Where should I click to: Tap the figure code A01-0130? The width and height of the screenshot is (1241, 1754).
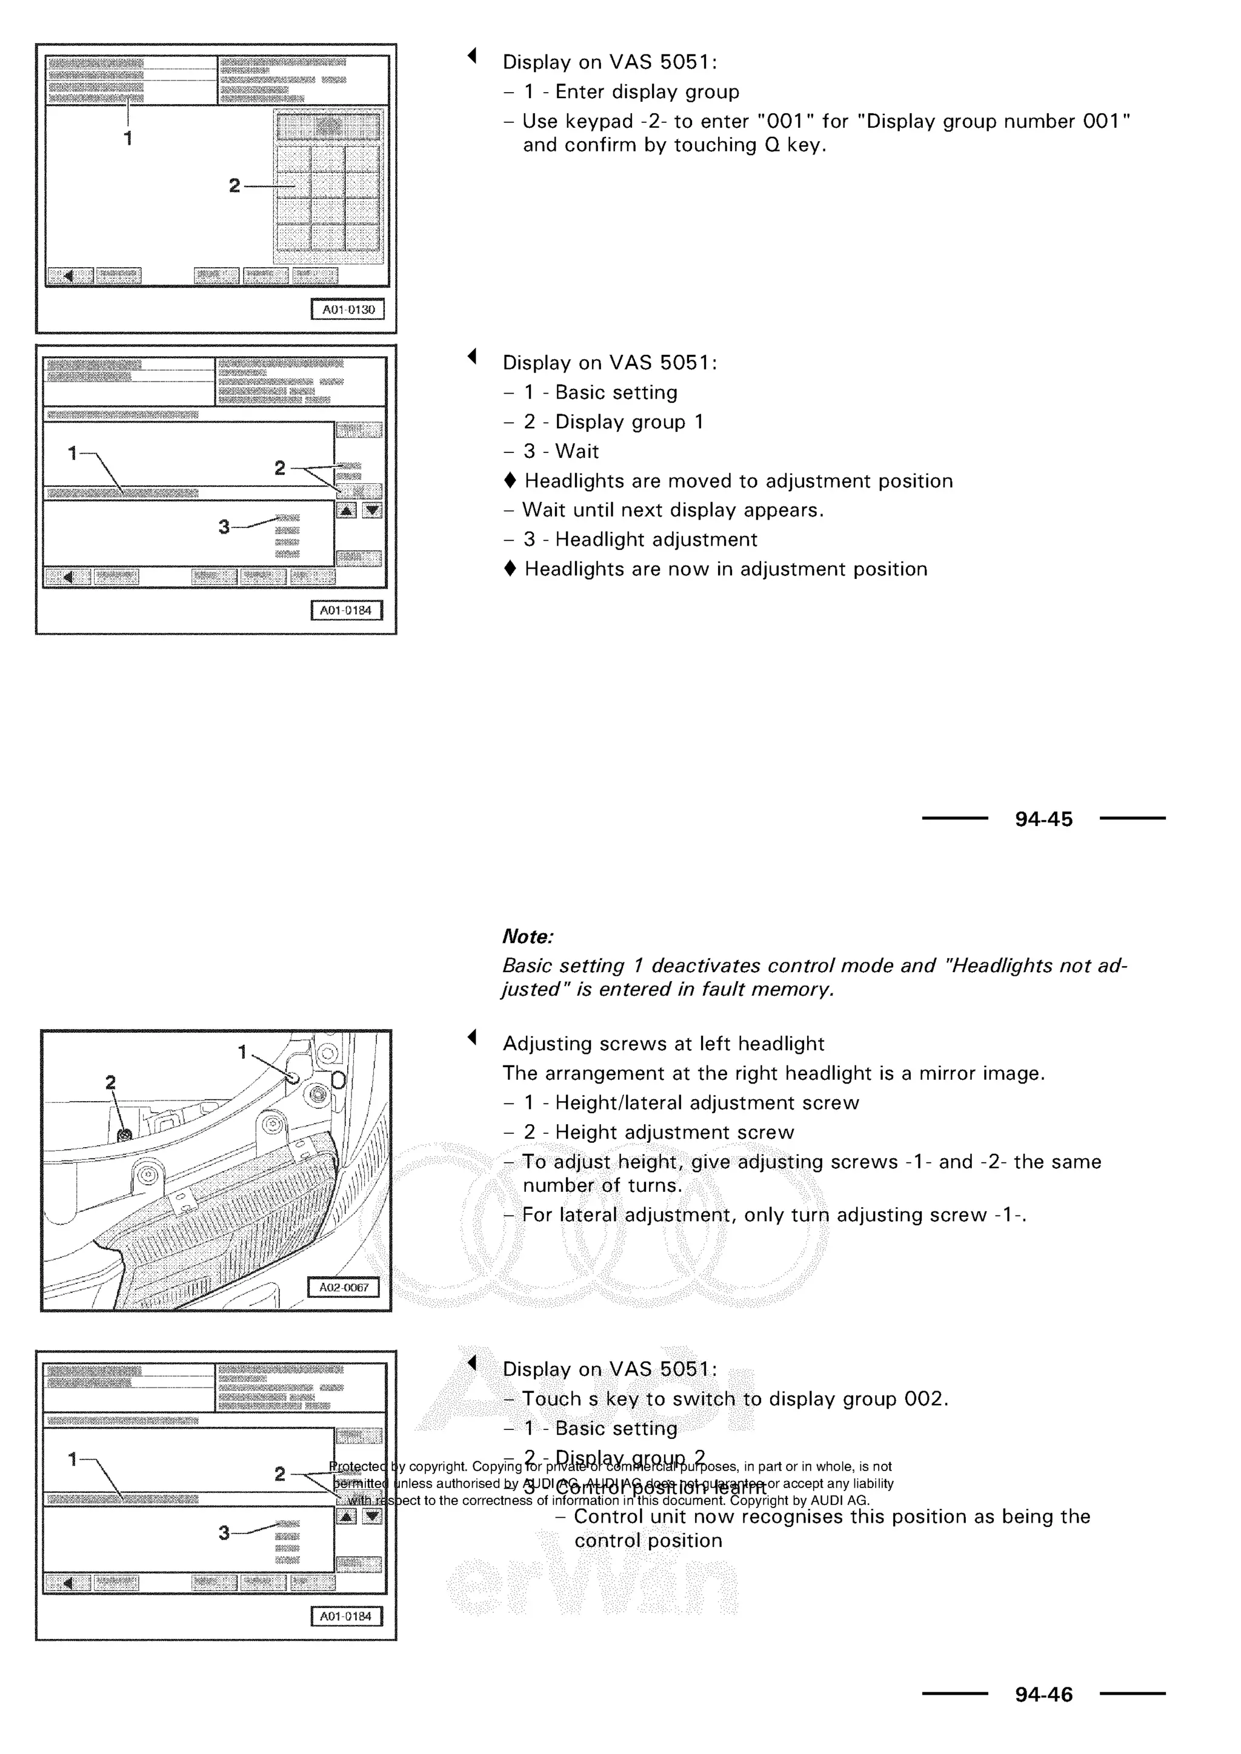348,309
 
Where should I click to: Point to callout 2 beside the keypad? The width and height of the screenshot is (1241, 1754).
235,186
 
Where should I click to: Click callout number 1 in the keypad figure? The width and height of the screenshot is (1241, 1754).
128,138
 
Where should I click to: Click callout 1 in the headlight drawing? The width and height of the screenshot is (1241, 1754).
242,1052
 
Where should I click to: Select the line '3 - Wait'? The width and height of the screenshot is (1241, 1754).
561,451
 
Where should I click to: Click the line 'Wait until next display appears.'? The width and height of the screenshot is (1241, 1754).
673,511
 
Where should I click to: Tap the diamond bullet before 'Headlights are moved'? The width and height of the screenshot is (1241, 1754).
510,482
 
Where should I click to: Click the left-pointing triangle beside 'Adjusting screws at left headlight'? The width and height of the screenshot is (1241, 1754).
472,1037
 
